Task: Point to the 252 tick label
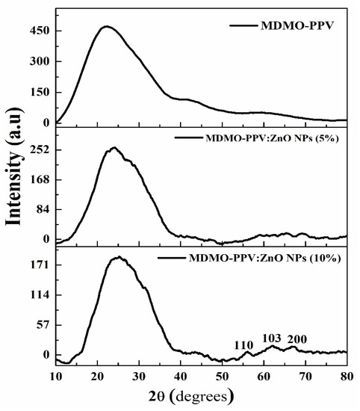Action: (38, 149)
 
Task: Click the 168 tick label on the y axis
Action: (38, 179)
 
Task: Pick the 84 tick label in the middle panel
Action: (41, 209)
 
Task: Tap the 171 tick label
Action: (38, 265)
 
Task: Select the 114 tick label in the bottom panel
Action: (38, 295)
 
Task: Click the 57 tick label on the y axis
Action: (41, 325)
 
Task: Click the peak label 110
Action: (243, 344)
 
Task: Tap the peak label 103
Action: (272, 339)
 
